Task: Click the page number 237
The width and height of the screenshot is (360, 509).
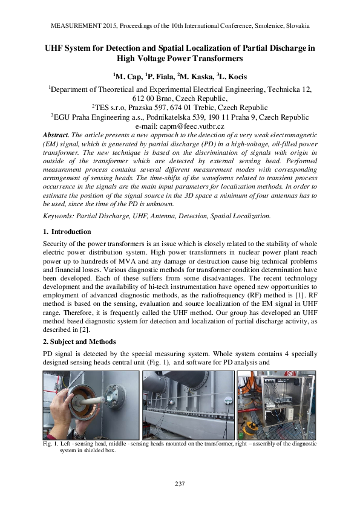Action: (180, 483)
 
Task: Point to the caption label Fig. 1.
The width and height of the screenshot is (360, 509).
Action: (51, 444)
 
